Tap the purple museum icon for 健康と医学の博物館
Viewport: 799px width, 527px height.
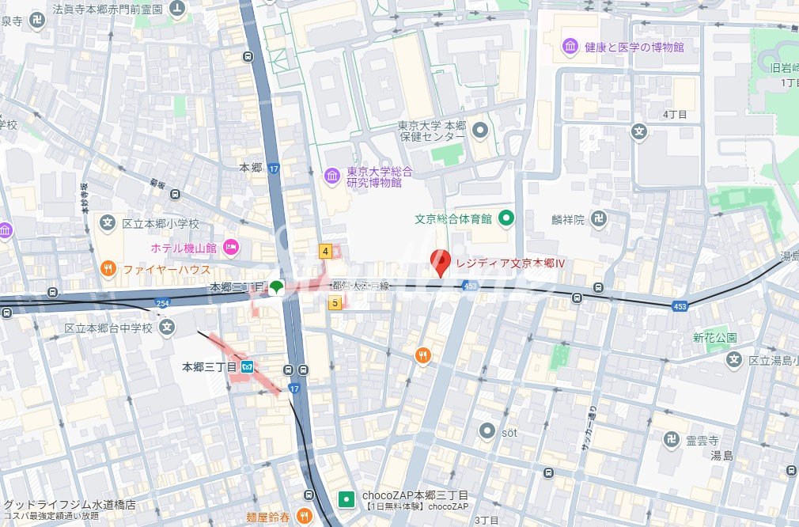pos(570,47)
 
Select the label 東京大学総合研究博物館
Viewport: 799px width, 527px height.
pos(373,177)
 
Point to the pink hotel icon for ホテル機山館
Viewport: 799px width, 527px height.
pos(231,248)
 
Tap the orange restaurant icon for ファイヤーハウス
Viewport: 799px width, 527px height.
pos(108,269)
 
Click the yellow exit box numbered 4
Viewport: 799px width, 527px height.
pos(325,251)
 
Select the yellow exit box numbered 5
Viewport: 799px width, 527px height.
pos(335,302)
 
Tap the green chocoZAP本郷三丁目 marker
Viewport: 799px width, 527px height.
pos(346,499)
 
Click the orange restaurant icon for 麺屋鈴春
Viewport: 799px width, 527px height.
pos(304,516)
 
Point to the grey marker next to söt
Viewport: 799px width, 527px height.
pos(487,432)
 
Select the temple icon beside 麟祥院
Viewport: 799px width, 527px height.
pos(599,219)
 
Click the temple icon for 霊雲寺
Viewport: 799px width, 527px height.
pos(672,440)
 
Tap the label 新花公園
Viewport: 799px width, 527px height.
pos(715,338)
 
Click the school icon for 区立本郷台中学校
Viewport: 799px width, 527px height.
pos(167,328)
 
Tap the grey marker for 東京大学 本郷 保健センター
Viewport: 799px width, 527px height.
pos(480,131)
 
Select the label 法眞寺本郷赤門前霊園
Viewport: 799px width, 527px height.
pos(108,9)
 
